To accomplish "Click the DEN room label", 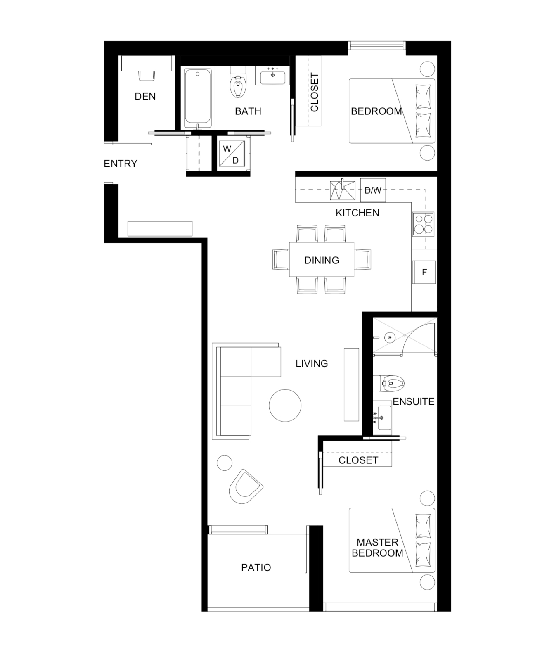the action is coord(145,96).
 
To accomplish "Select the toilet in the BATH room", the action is coord(238,82).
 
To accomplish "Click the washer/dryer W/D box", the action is coord(232,154).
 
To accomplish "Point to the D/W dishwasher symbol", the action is coord(373,190).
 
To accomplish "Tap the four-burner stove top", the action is coord(423,224).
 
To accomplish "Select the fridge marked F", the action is coord(424,272).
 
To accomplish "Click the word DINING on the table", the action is coord(322,260).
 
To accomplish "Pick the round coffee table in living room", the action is coord(285,406).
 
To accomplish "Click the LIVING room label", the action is coord(312,363).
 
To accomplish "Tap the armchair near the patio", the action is coord(245,487).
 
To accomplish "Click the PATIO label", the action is coord(256,567).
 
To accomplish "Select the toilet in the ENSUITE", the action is coord(389,383).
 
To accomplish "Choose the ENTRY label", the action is coord(120,164).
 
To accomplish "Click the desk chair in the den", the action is coord(146,76).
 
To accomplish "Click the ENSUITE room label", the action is coord(414,402).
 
